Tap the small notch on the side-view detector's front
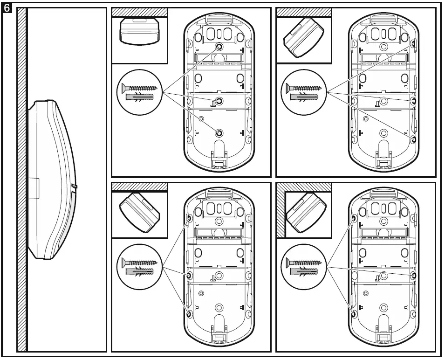(75, 187)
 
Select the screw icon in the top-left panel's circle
(139, 87)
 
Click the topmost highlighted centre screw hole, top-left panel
(219, 47)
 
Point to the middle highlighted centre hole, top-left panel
(219, 101)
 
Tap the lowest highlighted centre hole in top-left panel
(219, 133)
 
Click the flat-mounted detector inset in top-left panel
(139, 31)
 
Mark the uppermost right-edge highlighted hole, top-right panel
(413, 44)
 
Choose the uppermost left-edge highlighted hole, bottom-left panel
(189, 218)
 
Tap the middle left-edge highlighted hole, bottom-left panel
(189, 275)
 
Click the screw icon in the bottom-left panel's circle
(139, 263)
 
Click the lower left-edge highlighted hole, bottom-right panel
(354, 313)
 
